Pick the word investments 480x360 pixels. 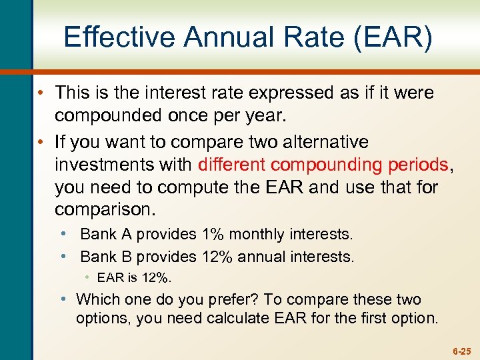coord(124,165)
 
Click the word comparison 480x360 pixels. coord(105,210)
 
